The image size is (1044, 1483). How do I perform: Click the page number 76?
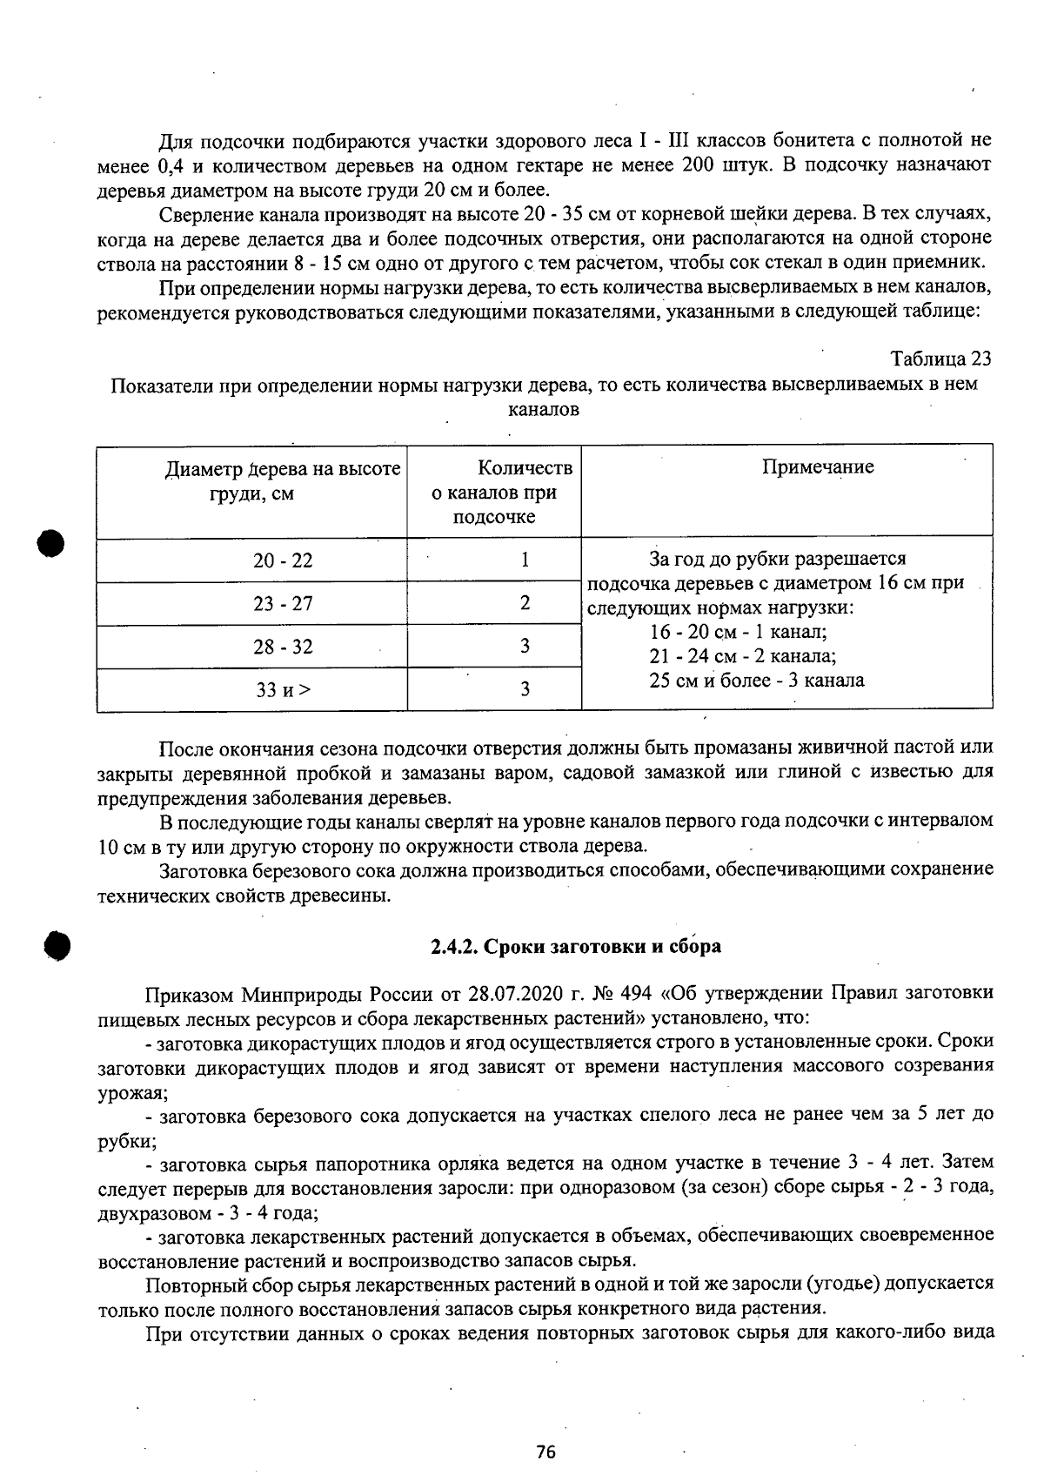pos(545,1451)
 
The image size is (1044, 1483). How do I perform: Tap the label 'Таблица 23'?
pos(940,359)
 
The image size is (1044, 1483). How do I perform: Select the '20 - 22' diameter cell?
pos(283,560)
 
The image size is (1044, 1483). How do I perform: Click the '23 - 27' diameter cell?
pos(283,604)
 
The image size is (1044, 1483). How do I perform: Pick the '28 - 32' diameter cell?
pos(283,647)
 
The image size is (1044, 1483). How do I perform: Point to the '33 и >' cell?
pos(283,690)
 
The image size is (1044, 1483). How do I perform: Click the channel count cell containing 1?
pos(525,560)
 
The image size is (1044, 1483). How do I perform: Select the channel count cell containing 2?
pos(525,602)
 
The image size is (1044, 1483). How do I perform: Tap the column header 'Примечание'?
pos(818,467)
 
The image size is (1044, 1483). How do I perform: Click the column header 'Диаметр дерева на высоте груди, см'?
pos(283,481)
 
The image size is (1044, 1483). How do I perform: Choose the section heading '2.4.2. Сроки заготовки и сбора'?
pos(576,946)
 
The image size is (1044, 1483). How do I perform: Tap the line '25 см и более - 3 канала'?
pos(756,681)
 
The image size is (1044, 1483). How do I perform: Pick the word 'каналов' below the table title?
pos(544,408)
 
